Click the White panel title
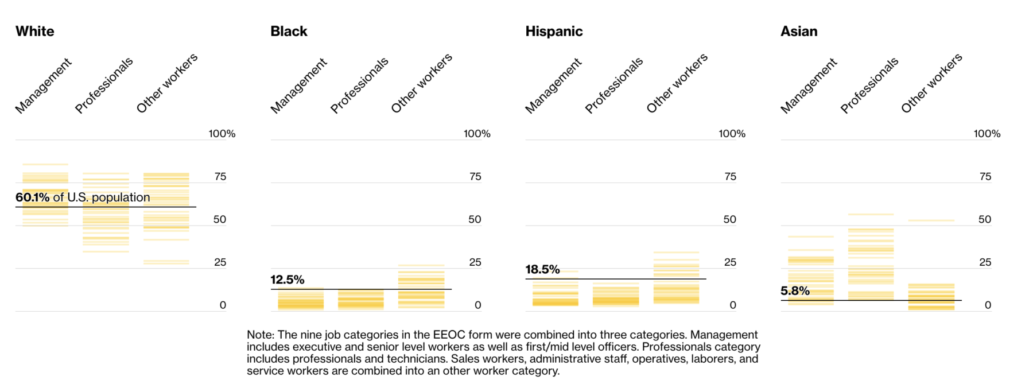(x=34, y=31)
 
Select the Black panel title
(x=289, y=31)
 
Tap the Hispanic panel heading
(x=554, y=31)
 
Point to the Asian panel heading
(x=798, y=31)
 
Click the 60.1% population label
(x=83, y=197)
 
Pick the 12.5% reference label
(x=287, y=280)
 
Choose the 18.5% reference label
(x=542, y=269)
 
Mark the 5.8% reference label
(x=795, y=290)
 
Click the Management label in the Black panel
(x=298, y=86)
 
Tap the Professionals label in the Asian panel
(x=869, y=86)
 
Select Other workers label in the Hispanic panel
(x=677, y=83)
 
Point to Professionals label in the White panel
(x=104, y=86)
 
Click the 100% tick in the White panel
(x=222, y=134)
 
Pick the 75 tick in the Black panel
(x=475, y=176)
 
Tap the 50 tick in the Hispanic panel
(x=729, y=219)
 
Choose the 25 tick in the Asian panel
(x=985, y=262)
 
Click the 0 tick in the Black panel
(x=477, y=305)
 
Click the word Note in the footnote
(x=260, y=335)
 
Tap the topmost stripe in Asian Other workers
(x=931, y=220)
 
